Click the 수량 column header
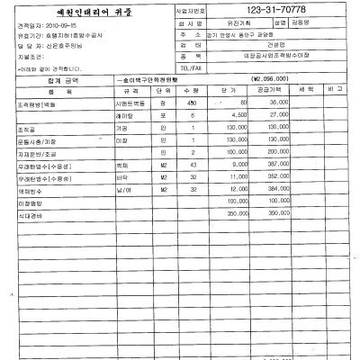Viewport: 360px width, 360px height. (191, 91)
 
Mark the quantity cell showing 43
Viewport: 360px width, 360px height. (192, 165)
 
